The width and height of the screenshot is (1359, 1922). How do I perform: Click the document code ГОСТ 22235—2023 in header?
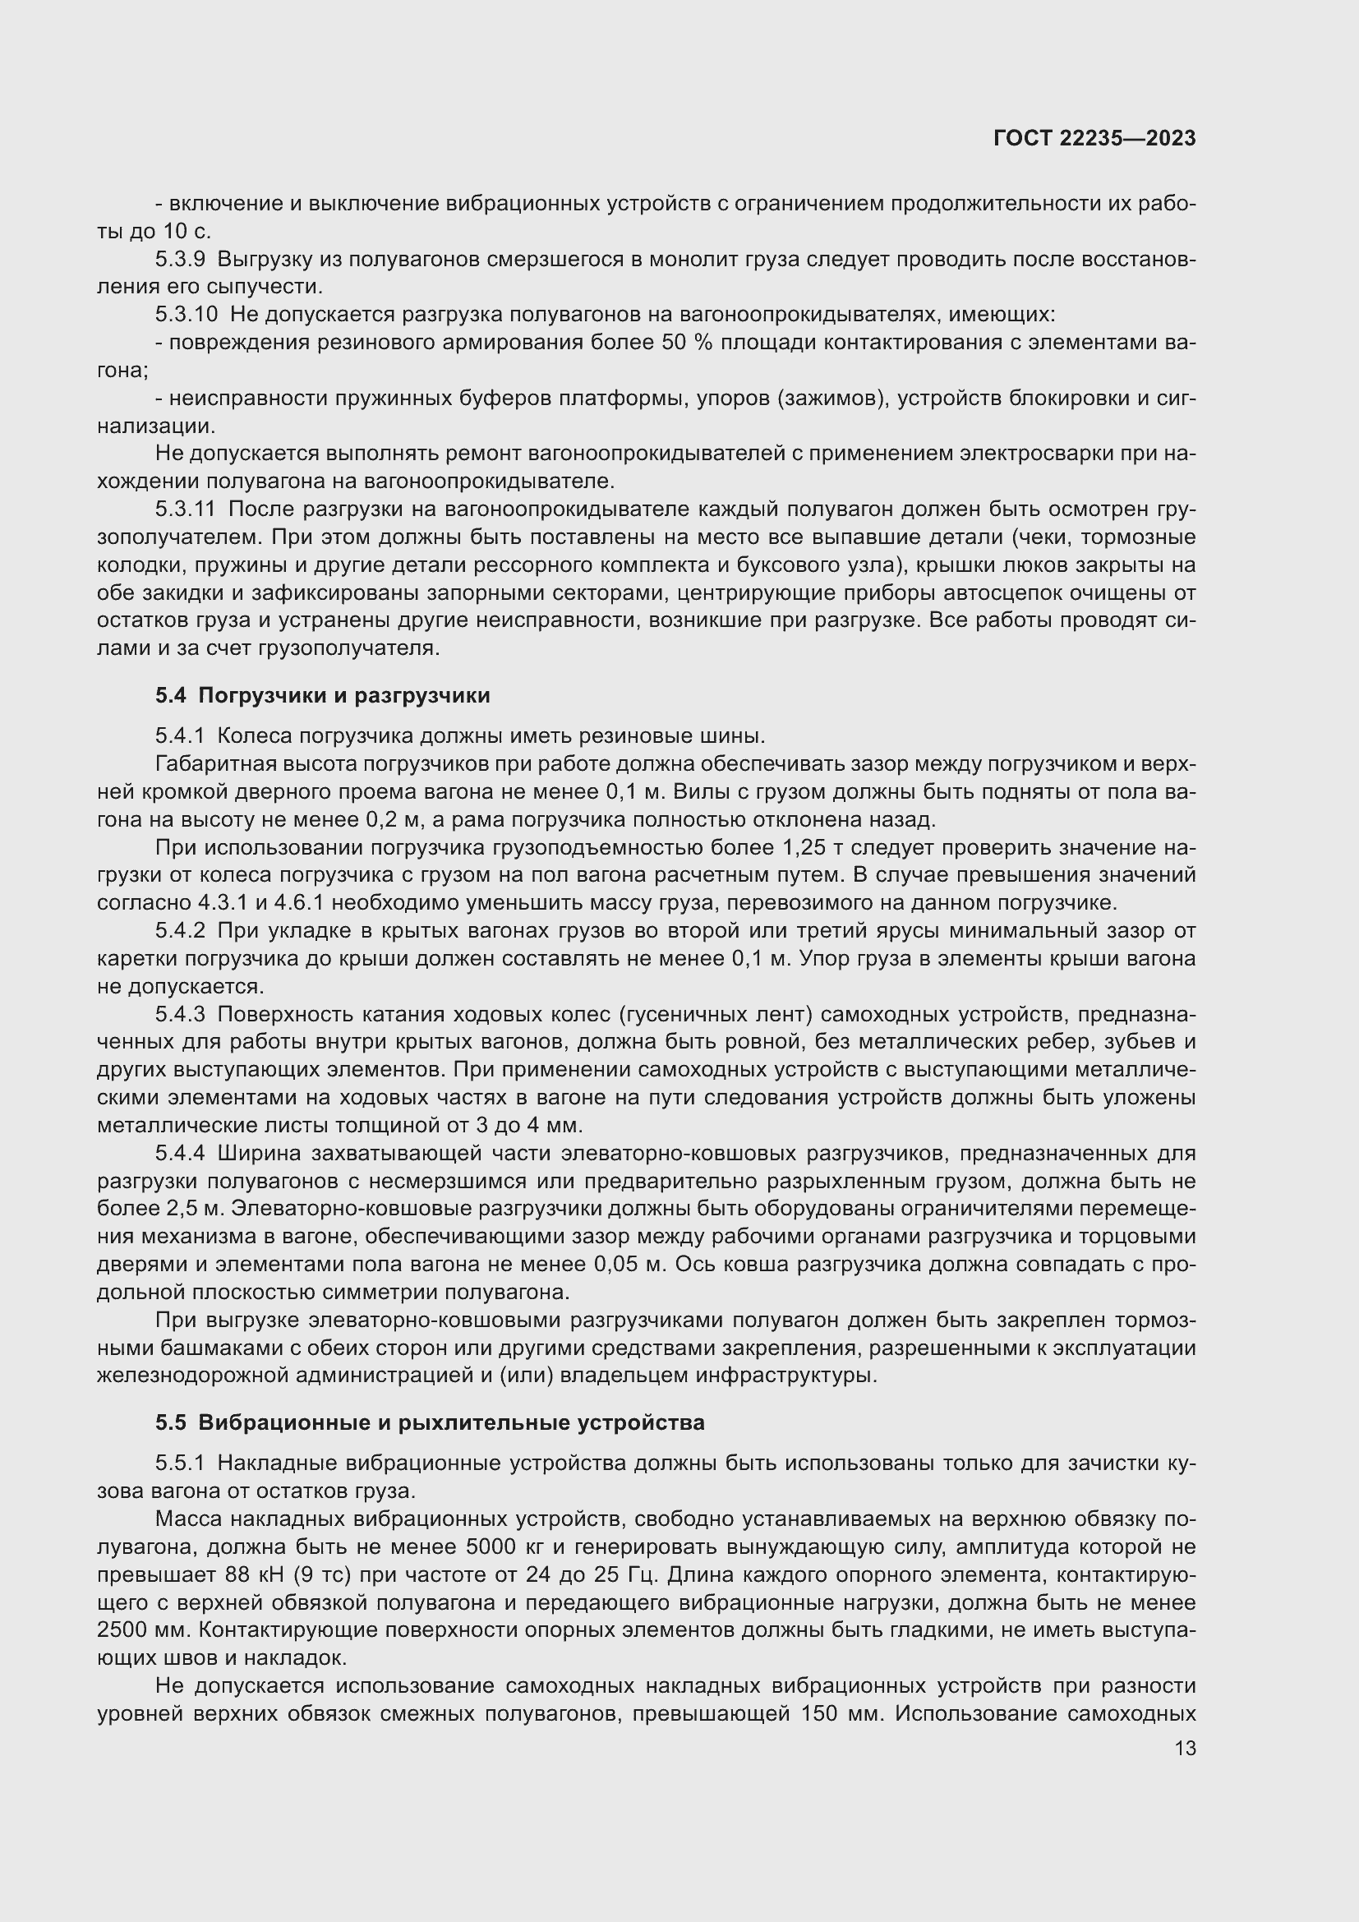[x=1094, y=138]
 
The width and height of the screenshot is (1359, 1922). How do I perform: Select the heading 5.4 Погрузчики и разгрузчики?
[x=322, y=695]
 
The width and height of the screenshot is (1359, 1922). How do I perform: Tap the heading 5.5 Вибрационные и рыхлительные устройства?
[x=429, y=1422]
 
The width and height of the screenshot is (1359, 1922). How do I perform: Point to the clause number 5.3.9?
[x=180, y=260]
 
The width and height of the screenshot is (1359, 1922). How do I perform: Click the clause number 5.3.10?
[x=186, y=315]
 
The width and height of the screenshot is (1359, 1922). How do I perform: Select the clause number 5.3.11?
[x=185, y=509]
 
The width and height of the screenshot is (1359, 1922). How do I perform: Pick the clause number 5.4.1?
[x=179, y=735]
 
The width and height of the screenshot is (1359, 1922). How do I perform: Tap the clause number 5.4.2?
[x=179, y=930]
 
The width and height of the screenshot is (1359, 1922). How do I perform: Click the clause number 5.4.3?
[x=179, y=1015]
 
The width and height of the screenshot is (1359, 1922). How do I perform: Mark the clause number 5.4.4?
[x=179, y=1154]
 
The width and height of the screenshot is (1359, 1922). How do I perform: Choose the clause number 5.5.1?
[x=179, y=1463]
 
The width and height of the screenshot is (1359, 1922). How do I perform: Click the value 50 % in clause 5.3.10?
[x=685, y=343]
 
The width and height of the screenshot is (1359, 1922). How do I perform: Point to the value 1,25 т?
[x=817, y=848]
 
